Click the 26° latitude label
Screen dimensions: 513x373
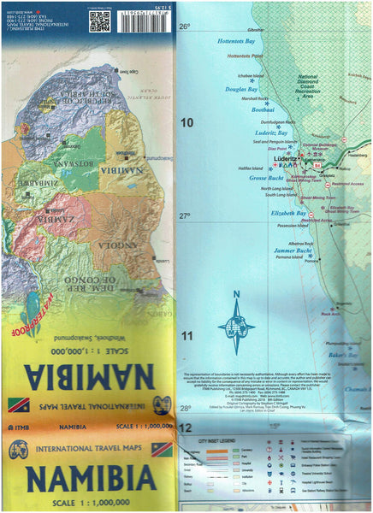pyautogui.click(x=184, y=27)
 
